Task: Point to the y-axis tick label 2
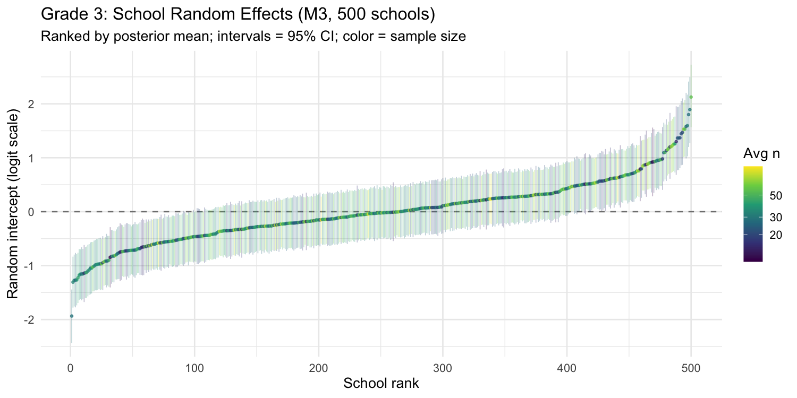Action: [32, 103]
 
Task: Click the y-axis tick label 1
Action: [32, 158]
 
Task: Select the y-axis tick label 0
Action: [32, 212]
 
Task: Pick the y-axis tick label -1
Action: [30, 266]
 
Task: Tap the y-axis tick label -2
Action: [30, 320]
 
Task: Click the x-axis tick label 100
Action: [194, 368]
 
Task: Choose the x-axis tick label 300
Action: [443, 368]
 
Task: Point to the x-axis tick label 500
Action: [691, 368]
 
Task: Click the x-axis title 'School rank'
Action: [381, 383]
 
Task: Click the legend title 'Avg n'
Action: [761, 154]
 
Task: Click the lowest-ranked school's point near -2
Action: [71, 316]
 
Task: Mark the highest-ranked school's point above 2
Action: [691, 97]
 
